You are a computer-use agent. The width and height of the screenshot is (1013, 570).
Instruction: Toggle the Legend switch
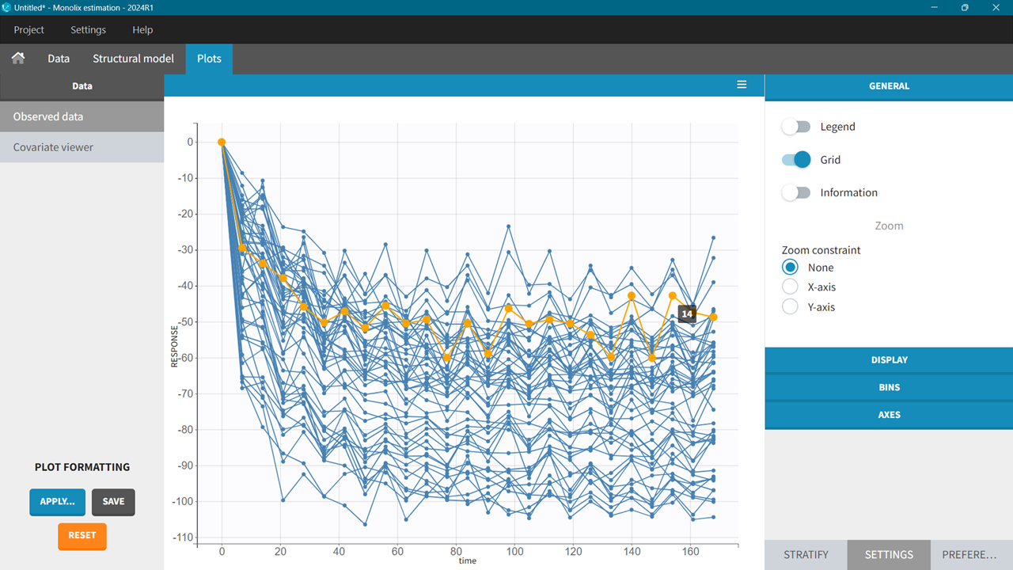(x=796, y=127)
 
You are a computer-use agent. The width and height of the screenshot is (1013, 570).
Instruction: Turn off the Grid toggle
(x=796, y=160)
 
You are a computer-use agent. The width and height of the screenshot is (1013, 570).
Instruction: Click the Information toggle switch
(x=796, y=192)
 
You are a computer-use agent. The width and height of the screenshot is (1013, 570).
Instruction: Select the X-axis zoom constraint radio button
(x=790, y=287)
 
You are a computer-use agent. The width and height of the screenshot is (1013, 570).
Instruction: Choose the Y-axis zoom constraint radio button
(x=790, y=306)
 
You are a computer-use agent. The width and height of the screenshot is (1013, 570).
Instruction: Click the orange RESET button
(x=82, y=536)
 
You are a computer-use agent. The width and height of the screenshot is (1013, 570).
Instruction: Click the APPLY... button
(x=57, y=502)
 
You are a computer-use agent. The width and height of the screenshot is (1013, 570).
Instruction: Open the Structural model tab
(x=133, y=59)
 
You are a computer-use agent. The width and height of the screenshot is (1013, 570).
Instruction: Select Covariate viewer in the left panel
(x=53, y=147)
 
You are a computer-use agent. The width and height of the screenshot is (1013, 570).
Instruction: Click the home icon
(x=18, y=59)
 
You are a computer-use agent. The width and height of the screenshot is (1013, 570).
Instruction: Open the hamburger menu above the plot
(x=742, y=85)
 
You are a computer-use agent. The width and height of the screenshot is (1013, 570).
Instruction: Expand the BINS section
(x=889, y=387)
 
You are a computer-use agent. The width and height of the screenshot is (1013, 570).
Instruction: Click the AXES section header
(x=889, y=415)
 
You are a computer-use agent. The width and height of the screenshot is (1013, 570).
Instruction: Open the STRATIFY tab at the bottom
(x=806, y=555)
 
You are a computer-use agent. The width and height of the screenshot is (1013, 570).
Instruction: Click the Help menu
(x=142, y=30)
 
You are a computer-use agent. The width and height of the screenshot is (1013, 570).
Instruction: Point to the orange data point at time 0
(x=222, y=142)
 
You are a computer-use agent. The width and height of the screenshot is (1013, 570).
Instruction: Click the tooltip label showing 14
(x=687, y=314)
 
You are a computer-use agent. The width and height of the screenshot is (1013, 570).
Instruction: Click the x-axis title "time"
(x=467, y=561)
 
